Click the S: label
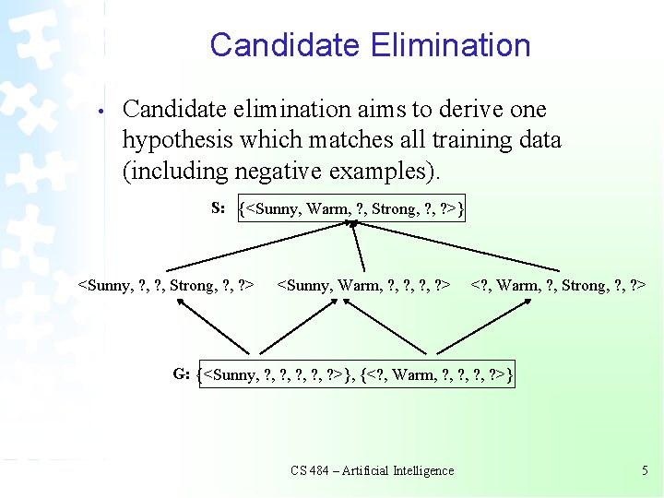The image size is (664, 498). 219,207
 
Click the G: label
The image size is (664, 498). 182,373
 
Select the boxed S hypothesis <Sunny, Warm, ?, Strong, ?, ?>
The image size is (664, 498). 350,209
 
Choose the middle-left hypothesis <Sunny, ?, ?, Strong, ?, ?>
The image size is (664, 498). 166,286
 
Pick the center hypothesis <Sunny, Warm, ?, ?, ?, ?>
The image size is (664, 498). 364,286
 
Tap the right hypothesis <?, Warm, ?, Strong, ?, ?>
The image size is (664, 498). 558,286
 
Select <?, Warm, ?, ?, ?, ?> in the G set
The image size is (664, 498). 437,374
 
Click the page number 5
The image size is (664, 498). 645,470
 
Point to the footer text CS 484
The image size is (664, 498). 310,470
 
